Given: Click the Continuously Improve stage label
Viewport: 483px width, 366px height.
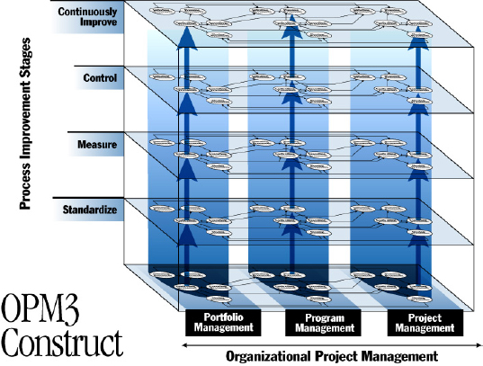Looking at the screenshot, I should tap(87, 16).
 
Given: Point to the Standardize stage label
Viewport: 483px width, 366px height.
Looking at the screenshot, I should tap(88, 210).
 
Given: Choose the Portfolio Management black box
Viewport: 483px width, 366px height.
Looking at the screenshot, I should tap(222, 323).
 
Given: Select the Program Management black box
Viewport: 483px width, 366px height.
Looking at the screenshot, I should tap(323, 323).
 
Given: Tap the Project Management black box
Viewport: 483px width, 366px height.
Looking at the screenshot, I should tap(425, 323).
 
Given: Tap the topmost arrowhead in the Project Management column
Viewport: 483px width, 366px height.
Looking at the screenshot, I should tap(416, 41).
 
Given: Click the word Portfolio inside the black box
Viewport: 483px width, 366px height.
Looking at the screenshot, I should tap(222, 317).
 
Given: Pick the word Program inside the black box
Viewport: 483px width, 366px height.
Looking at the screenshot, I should tap(323, 317).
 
